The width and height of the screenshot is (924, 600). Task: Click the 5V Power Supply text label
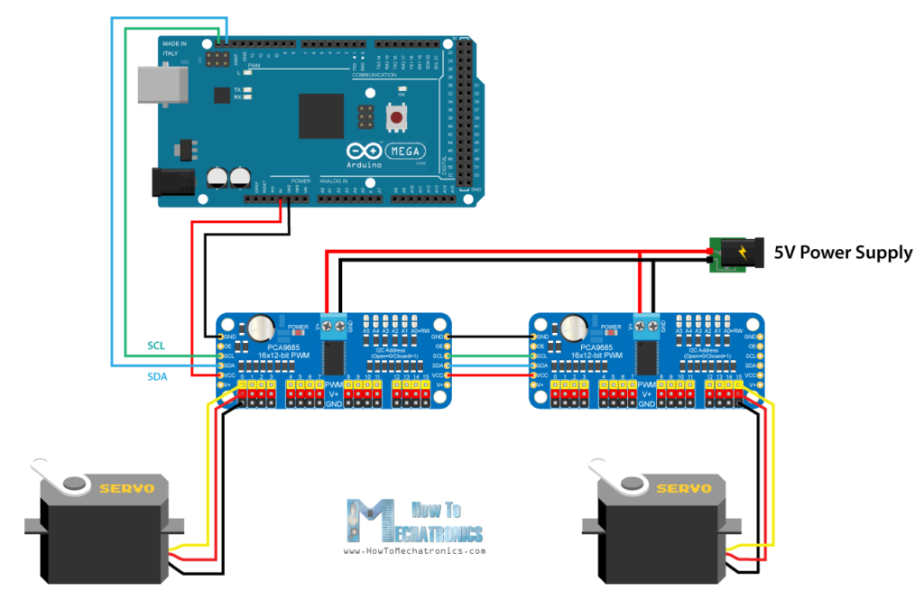coord(843,253)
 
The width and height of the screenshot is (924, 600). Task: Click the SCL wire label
coord(159,346)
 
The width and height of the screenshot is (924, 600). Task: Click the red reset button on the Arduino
coord(394,116)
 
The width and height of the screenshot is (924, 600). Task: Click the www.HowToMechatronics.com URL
coord(415,550)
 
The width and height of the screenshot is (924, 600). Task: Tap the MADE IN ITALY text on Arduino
coord(175,48)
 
